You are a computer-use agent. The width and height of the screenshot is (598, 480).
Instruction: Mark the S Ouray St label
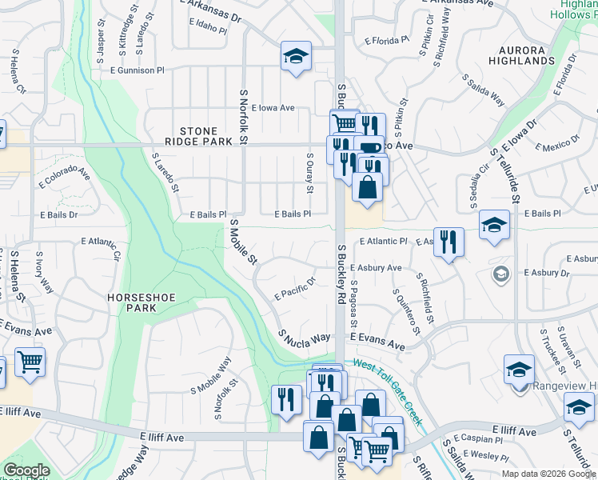click(309, 174)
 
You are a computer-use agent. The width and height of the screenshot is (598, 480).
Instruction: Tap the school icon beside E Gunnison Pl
click(296, 57)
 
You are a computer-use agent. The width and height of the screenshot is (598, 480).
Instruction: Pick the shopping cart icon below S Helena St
click(30, 361)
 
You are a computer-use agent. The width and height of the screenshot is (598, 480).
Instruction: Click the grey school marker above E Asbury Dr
click(501, 274)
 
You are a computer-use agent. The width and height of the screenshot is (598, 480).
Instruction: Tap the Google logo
click(26, 470)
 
